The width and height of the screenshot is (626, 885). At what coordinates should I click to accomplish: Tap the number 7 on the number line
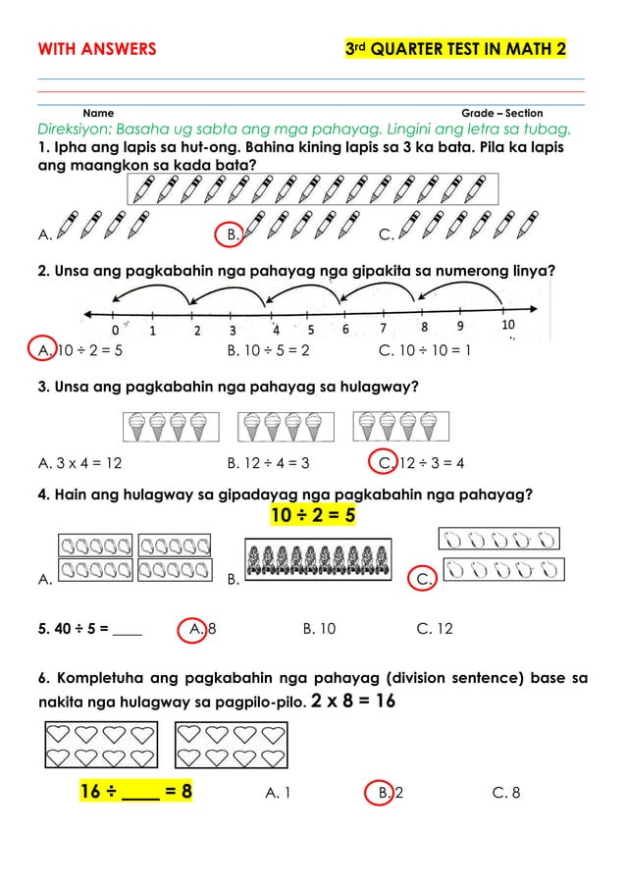tap(383, 330)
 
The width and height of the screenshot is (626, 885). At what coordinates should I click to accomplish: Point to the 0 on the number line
tap(117, 331)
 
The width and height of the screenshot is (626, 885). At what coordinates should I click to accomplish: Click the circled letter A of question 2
tap(44, 347)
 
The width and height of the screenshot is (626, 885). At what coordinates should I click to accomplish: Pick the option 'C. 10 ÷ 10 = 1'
tap(424, 347)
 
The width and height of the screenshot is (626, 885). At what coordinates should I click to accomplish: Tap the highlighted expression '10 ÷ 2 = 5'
tap(313, 515)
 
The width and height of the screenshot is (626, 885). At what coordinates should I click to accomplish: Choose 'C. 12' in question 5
tap(435, 628)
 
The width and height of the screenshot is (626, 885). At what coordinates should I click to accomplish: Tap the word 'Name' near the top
tap(98, 114)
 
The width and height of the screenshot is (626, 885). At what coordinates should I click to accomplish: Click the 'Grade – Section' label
tap(501, 114)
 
